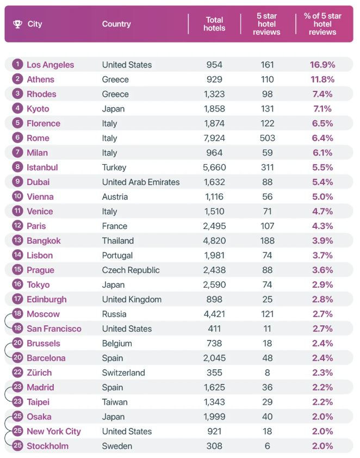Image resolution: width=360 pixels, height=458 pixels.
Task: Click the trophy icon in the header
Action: (17, 24)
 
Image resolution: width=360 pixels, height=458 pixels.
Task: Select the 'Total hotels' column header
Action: (214, 24)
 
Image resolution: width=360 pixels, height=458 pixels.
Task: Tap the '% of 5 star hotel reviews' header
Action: (322, 24)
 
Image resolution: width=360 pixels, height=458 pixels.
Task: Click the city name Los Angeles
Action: (50, 65)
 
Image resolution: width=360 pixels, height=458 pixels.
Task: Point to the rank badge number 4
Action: (18, 109)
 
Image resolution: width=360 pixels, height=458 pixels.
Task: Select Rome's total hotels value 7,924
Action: (214, 138)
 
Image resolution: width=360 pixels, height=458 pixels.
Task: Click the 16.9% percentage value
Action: (322, 65)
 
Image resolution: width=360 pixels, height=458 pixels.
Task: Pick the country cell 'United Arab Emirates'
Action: (141, 182)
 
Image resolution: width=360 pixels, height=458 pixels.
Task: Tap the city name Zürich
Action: (39, 373)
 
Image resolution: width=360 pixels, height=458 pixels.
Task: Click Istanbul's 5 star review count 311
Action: (267, 168)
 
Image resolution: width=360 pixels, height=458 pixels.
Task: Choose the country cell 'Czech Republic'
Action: (131, 270)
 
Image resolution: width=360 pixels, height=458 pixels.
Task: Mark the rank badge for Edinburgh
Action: (18, 299)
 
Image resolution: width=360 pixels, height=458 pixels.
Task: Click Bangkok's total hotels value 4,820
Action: (214, 241)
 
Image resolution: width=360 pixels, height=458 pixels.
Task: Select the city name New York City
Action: (53, 431)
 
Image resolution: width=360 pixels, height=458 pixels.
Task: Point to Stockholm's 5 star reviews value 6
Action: (267, 446)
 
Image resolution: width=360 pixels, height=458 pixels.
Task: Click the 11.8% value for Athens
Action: (322, 79)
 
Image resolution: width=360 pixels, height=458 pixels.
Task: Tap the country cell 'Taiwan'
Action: (115, 402)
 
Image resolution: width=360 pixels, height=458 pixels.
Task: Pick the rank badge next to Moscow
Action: (18, 314)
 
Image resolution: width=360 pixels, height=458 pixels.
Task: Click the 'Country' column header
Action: (116, 24)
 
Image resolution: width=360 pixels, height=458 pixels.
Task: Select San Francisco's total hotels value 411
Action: (214, 329)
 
